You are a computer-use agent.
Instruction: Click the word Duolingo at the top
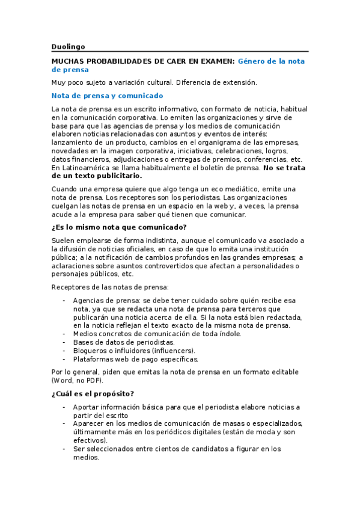pyautogui.click(x=68, y=46)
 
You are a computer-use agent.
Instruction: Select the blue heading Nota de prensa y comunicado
pyautogui.click(x=107, y=96)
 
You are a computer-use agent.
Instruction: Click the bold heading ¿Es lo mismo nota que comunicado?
pyautogui.click(x=119, y=227)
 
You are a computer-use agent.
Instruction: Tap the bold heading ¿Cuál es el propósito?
pyautogui.click(x=93, y=394)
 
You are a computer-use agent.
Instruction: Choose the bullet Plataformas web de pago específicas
pyautogui.click(x=135, y=359)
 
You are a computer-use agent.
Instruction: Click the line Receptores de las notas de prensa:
pyautogui.click(x=110, y=287)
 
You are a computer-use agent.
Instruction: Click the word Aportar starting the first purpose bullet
pyautogui.click(x=87, y=407)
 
